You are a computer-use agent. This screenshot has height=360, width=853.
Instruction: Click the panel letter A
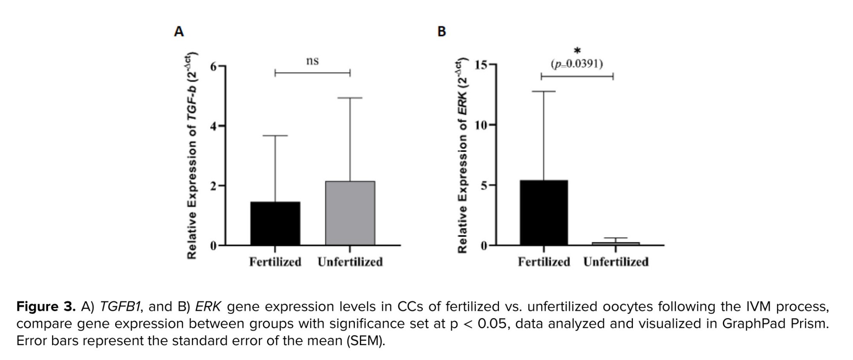(179, 32)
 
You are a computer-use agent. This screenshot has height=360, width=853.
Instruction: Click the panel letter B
(442, 32)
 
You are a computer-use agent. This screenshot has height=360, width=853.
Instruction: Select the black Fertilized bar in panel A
(275, 224)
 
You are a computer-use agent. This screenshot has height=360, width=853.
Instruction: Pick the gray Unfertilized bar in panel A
(350, 213)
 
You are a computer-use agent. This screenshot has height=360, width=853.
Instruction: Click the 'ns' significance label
(312, 61)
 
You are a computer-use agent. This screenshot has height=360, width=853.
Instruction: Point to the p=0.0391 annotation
(577, 64)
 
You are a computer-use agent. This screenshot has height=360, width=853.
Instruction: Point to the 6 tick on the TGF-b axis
(213, 67)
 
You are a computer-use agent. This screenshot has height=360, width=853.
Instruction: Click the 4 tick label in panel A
(213, 126)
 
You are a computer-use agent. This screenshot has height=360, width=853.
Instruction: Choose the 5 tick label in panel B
(484, 185)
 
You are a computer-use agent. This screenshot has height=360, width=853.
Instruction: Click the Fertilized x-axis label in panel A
(275, 262)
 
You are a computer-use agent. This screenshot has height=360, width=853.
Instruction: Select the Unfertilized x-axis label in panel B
(616, 262)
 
